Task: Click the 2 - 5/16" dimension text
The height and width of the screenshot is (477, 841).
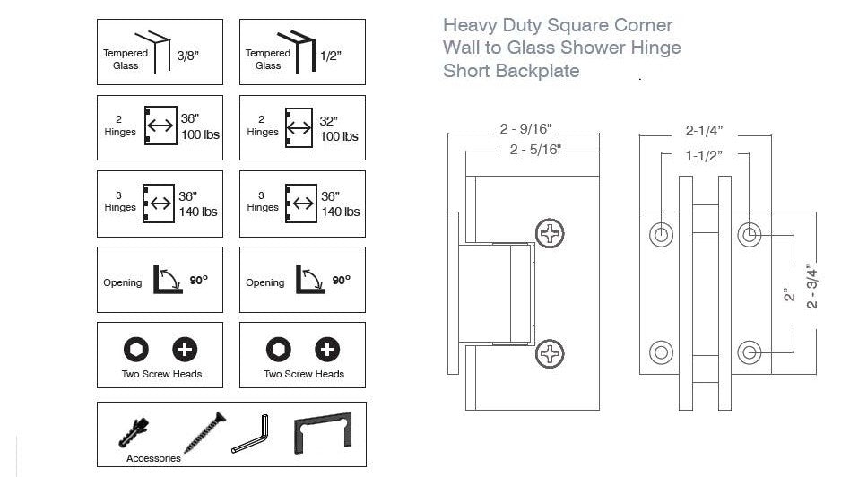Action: [535, 150]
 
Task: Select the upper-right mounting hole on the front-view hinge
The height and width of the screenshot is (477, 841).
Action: [750, 235]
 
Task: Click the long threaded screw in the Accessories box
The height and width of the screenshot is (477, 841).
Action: [204, 431]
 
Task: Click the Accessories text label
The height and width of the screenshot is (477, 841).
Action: [153, 458]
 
